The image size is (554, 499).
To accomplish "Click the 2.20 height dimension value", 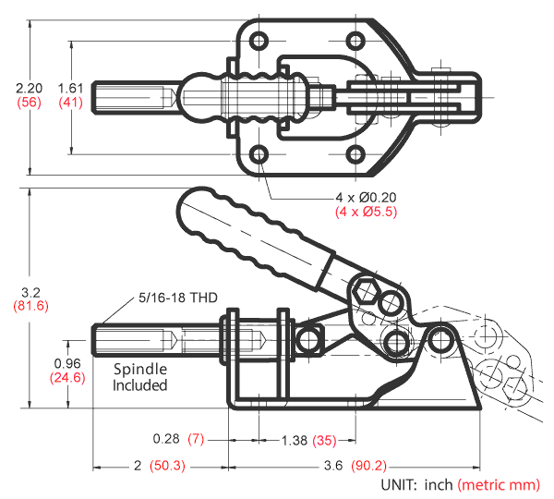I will coord(28,88).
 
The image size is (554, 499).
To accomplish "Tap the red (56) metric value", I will coord(28,103).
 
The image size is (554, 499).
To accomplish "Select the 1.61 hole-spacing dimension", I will coord(70,88).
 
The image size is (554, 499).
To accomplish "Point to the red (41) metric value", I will coord(70,103).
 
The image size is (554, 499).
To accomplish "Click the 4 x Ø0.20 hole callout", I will coord(366,198).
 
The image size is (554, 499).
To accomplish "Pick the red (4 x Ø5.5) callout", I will coord(366,213).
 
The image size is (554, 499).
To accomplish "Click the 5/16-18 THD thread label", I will coord(178,298).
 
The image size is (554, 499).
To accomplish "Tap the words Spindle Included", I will coord(140,376).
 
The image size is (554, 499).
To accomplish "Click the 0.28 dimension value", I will coord(166,437).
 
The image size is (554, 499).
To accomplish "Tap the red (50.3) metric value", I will coord(168,467).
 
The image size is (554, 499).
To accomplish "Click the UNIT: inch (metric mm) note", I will coord(459,484).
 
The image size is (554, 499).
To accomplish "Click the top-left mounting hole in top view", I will coord(259,40).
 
